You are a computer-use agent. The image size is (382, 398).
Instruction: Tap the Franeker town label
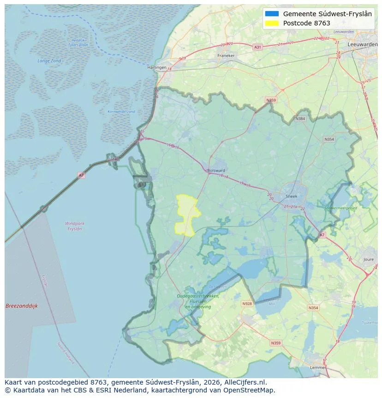pyautogui.click(x=226, y=55)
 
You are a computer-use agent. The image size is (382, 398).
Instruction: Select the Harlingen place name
pyautogui.click(x=156, y=67)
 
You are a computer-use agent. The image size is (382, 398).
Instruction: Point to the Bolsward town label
pyautogui.click(x=216, y=170)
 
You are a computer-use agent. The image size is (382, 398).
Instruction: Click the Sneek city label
pyautogui.click(x=292, y=196)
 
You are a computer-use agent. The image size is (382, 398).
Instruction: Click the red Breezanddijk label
pyautogui.click(x=21, y=306)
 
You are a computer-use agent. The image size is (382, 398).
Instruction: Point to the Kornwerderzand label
pyautogui.click(x=121, y=112)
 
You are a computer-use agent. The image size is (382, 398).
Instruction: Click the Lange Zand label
pyautogui.click(x=49, y=61)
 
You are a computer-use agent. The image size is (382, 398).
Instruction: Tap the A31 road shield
pyautogui.click(x=257, y=47)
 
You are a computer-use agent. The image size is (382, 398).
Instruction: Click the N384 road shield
pyautogui.click(x=300, y=119)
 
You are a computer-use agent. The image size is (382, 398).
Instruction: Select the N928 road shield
pyautogui.click(x=247, y=304)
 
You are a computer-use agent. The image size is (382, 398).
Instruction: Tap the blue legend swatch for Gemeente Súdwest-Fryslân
pyautogui.click(x=272, y=14)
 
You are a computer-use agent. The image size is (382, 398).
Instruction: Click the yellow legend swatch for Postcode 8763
pyautogui.click(x=272, y=23)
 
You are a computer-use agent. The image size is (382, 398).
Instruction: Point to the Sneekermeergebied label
pyautogui.click(x=341, y=208)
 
